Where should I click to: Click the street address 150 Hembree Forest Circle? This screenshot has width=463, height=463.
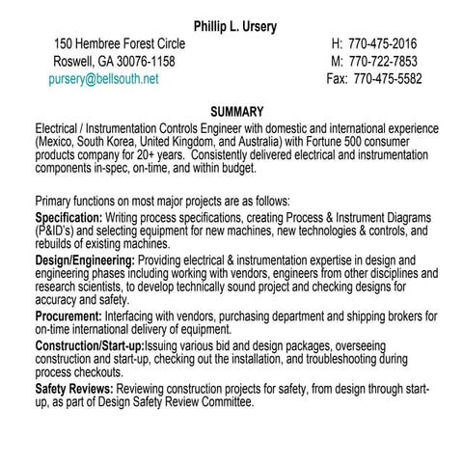[120, 44]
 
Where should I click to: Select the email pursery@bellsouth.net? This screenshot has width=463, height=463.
[104, 79]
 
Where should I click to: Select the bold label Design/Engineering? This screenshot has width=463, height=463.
[85, 260]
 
